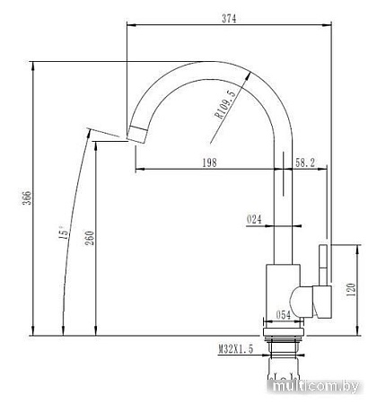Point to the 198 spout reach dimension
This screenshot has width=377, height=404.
pos(209,162)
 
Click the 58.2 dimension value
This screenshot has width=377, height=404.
pos(305,162)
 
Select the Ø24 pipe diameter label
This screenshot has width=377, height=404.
pos(253,218)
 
